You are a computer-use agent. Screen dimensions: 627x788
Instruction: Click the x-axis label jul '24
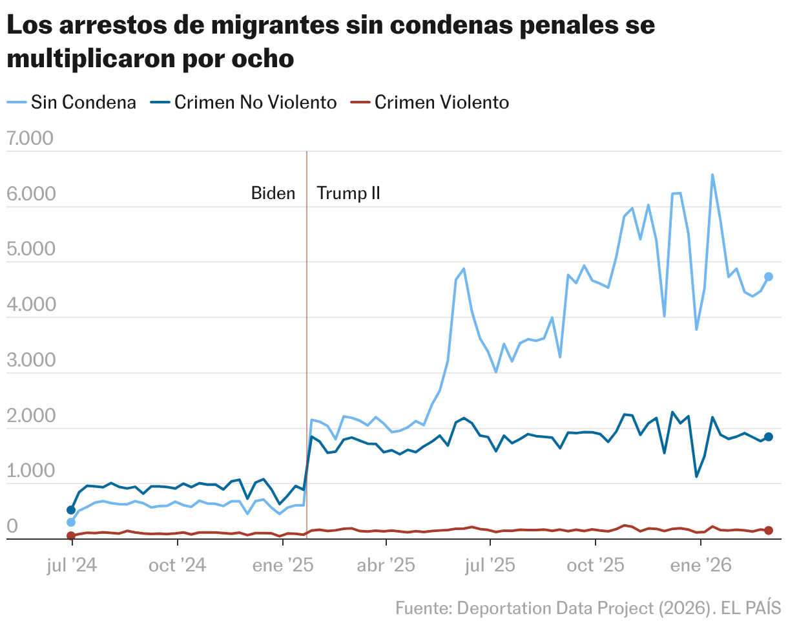[x=72, y=566]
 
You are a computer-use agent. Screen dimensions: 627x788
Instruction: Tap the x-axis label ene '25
[x=282, y=566]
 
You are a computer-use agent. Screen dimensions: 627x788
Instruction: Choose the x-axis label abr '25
[x=386, y=566]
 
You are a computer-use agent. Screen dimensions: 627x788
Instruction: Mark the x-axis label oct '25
[x=596, y=566]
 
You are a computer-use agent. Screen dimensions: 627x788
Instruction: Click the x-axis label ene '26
[x=701, y=566]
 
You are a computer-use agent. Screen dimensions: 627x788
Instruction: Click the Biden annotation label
[x=273, y=193]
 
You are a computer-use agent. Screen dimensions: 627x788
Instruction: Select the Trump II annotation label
[x=348, y=193]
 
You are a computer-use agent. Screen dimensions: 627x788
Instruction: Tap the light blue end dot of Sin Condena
[x=769, y=277]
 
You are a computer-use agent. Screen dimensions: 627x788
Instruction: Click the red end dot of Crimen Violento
[x=769, y=531]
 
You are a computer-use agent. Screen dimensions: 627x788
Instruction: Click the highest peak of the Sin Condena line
[x=712, y=175]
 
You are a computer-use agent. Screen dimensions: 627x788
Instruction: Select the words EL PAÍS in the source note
[x=752, y=608]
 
